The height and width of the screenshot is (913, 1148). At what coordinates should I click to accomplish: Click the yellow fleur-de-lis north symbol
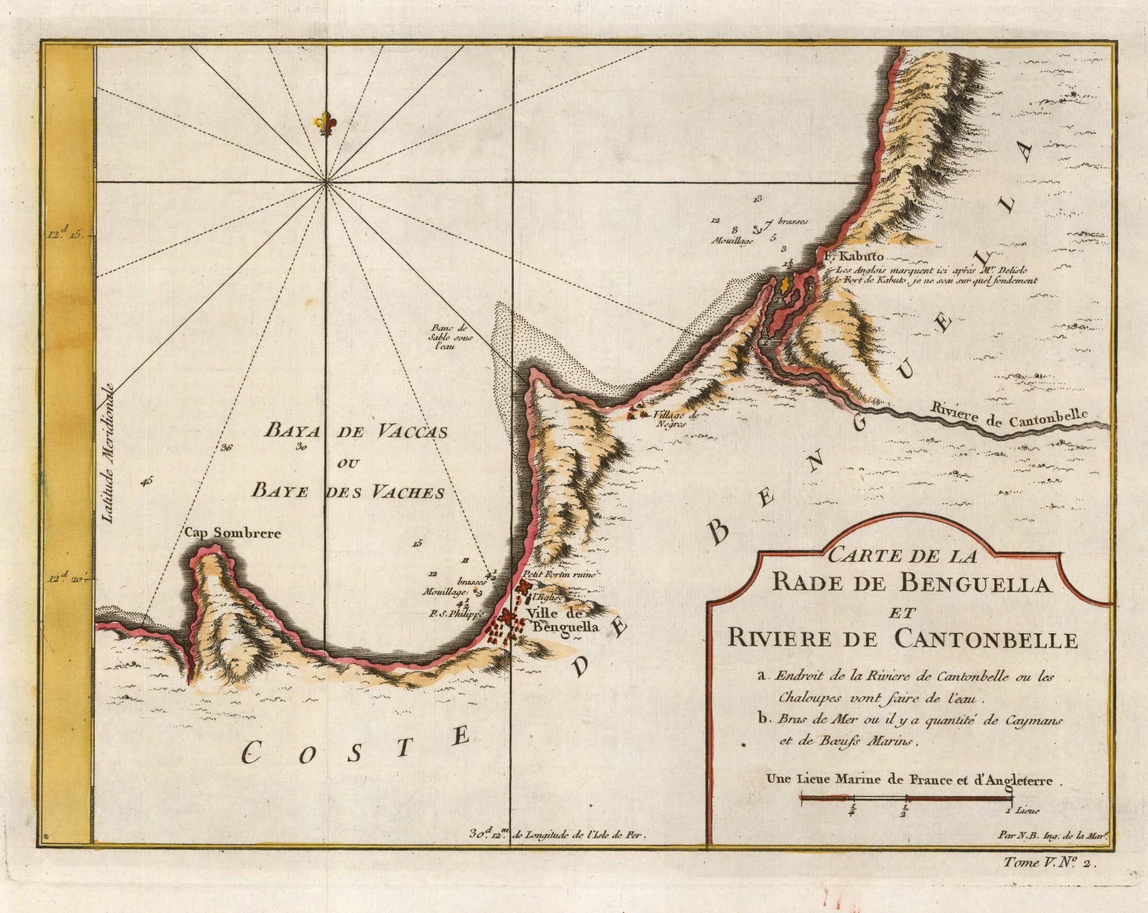[326, 122]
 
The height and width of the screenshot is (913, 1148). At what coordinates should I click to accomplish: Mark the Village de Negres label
[670, 420]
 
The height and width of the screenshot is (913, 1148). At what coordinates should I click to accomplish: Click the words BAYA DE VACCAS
[356, 431]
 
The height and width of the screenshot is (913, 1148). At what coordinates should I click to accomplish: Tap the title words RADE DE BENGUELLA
[911, 585]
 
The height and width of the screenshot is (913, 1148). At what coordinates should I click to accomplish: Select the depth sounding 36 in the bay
[227, 448]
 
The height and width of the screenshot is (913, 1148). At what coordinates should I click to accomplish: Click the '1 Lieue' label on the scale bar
[1022, 811]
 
